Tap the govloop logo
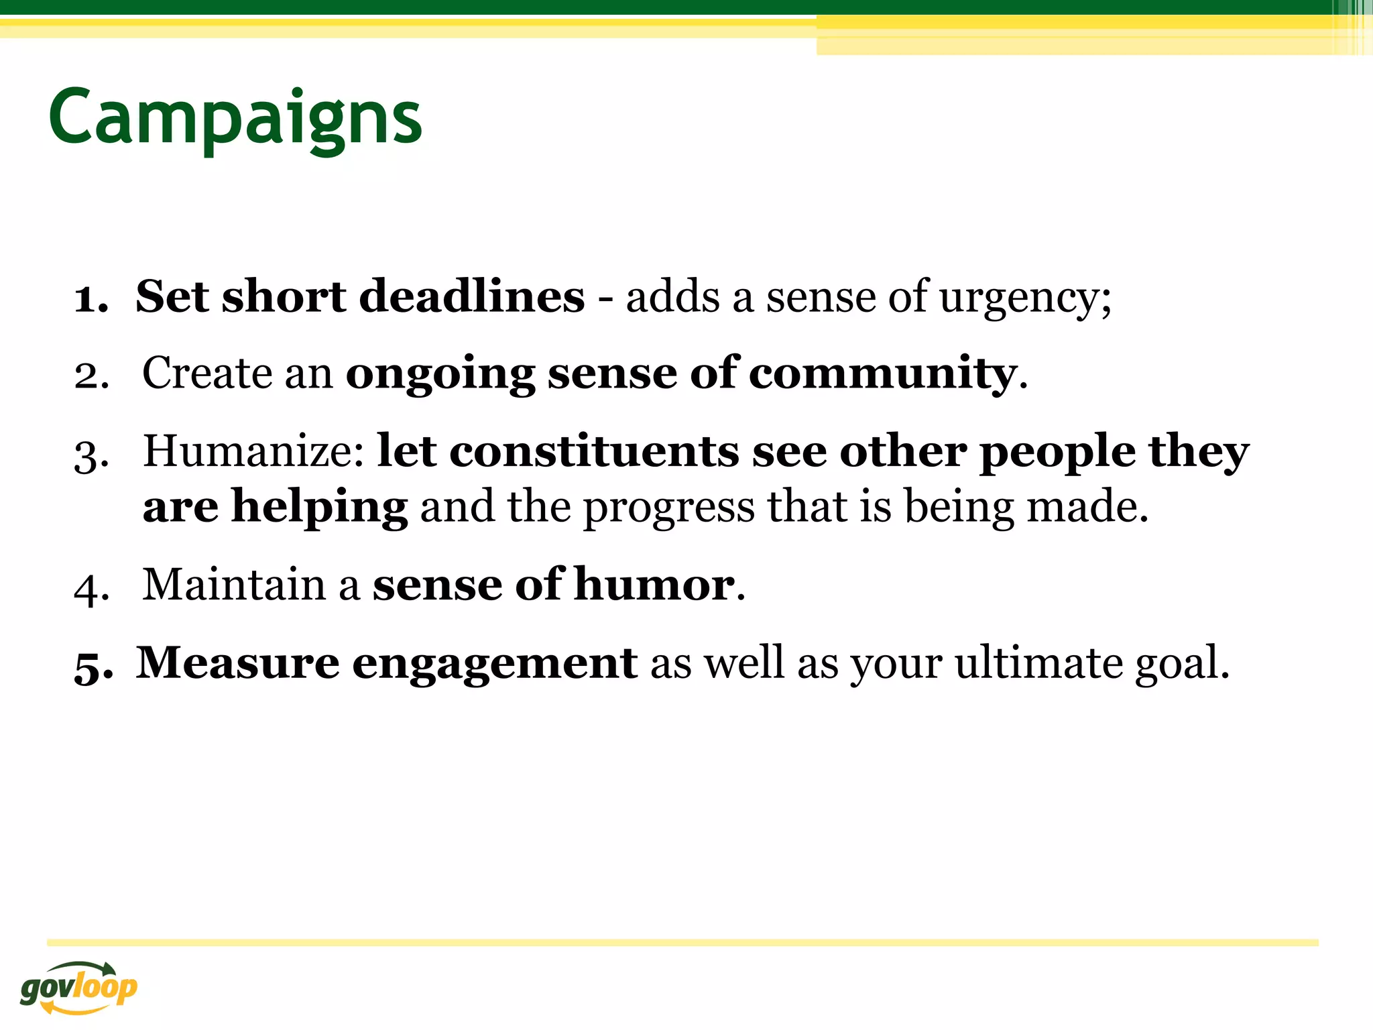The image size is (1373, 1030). click(x=78, y=987)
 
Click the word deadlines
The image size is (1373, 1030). click(x=472, y=296)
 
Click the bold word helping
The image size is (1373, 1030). click(x=319, y=508)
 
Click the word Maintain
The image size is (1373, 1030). click(x=234, y=585)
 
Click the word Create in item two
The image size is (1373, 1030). click(x=207, y=374)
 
